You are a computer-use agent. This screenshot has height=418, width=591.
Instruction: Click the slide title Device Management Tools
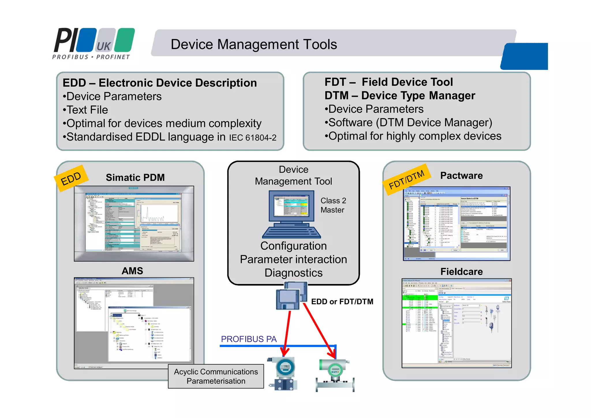tap(254, 44)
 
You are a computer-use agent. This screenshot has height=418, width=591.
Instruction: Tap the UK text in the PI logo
tap(103, 46)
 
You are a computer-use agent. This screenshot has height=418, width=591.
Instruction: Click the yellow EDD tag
tap(71, 178)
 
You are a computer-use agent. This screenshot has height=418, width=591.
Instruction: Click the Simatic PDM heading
tap(135, 177)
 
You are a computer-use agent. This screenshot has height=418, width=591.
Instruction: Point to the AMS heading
tap(132, 271)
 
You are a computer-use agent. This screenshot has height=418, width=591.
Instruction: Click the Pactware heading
tap(461, 176)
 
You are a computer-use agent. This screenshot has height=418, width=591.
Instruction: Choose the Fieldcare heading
tap(461, 272)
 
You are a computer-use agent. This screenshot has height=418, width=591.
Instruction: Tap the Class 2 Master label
tap(333, 205)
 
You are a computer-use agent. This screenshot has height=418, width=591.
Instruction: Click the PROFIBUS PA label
tap(249, 339)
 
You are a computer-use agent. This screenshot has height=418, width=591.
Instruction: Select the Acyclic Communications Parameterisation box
tap(216, 376)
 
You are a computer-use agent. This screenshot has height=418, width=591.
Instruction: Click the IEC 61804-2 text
tap(253, 138)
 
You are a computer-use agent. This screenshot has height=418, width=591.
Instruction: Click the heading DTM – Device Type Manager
tap(400, 96)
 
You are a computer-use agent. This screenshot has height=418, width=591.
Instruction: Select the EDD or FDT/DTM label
tap(342, 302)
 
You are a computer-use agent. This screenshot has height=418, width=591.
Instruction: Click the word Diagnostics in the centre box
tap(293, 273)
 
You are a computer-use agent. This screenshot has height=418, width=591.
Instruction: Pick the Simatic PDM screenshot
tap(134, 224)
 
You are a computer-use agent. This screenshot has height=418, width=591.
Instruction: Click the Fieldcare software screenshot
tap(457, 323)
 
